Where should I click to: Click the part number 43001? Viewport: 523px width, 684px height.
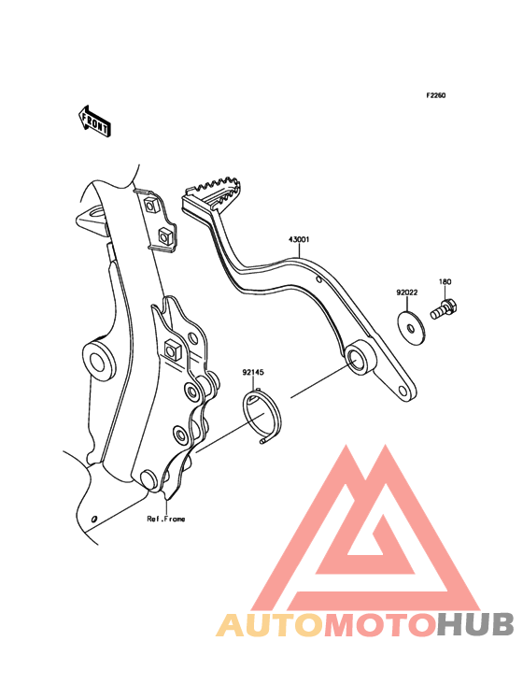click(299, 239)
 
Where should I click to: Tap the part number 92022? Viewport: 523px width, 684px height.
click(406, 292)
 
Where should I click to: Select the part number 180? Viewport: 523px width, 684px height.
click(445, 282)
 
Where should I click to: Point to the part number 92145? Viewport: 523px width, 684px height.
click(253, 373)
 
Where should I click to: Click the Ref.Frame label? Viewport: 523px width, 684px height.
click(166, 519)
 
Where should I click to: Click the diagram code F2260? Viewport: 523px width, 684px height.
click(436, 95)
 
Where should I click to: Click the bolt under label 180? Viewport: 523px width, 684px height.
click(445, 309)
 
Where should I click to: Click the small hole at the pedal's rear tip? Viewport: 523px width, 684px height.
click(404, 390)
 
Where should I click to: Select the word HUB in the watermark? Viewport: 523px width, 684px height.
click(475, 625)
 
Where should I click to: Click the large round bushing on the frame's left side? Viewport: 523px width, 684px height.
click(98, 360)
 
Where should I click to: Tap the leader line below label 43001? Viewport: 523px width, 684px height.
click(299, 251)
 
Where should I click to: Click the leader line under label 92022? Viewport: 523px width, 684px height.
click(406, 304)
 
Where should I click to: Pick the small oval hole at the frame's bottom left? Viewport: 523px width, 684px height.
click(93, 519)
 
